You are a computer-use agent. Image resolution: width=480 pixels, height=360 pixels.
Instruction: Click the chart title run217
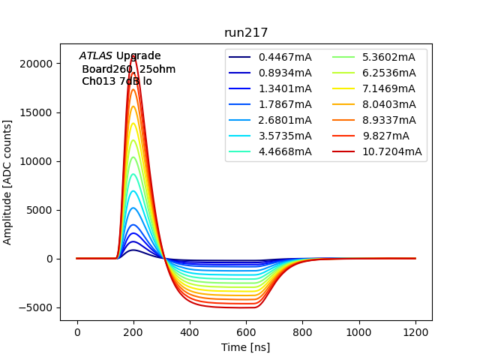click(x=246, y=33)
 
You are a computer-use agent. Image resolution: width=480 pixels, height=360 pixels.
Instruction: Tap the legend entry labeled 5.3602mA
click(x=388, y=57)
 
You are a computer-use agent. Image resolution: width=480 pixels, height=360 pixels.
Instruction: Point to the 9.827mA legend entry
click(x=385, y=136)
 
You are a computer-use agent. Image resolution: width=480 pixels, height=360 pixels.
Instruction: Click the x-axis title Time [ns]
click(x=246, y=347)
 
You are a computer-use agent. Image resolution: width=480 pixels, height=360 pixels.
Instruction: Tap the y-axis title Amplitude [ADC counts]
click(x=8, y=182)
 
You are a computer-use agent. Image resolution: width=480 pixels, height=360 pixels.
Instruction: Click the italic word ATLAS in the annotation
click(x=96, y=56)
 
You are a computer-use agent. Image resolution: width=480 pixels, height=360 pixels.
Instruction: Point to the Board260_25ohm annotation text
click(x=129, y=69)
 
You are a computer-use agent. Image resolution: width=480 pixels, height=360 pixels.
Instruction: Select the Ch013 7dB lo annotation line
click(x=117, y=81)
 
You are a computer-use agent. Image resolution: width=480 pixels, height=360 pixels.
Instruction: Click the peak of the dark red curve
click(x=133, y=55)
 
